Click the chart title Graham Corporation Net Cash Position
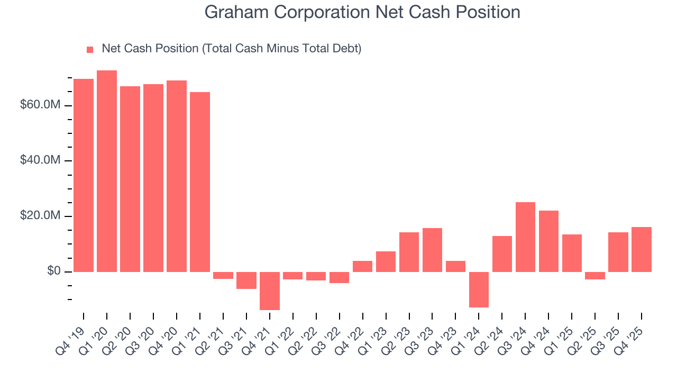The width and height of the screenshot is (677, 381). [362, 12]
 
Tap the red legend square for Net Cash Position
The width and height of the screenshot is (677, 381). [90, 49]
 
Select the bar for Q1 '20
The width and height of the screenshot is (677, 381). [107, 171]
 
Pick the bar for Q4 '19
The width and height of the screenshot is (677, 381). [84, 175]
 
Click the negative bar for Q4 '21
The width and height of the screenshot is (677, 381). [270, 291]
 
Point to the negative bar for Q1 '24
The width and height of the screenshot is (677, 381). [479, 289]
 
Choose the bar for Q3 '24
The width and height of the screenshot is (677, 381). [525, 237]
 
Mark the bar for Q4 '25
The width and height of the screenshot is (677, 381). [642, 249]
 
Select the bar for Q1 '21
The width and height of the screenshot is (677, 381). [200, 182]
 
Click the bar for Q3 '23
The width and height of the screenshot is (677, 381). [432, 250]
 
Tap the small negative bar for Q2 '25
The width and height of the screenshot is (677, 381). [595, 275]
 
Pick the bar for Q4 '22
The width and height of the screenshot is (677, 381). [362, 266]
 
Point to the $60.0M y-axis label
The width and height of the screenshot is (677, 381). [40, 105]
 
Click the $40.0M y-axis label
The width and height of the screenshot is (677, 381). [40, 161]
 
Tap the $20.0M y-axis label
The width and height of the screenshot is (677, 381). [40, 216]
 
